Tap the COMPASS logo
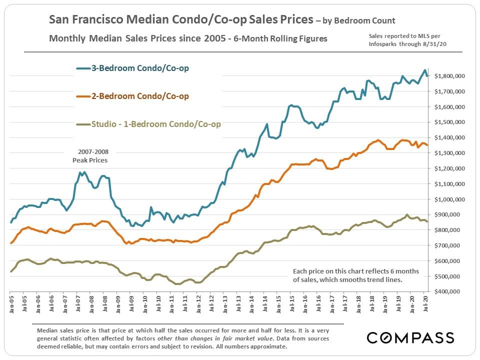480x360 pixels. coord(410,337)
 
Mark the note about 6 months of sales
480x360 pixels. coord(355,275)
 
